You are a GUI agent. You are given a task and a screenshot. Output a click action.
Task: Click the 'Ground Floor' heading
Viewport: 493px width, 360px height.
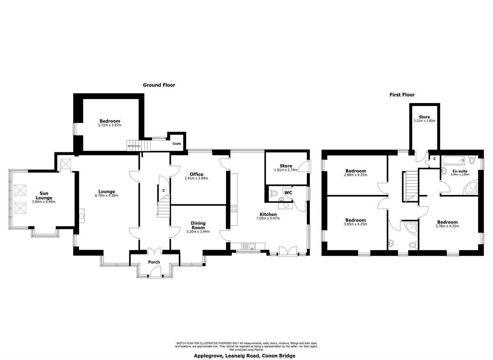tap(159, 85)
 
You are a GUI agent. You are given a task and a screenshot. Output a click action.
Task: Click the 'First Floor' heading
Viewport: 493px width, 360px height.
tap(402, 95)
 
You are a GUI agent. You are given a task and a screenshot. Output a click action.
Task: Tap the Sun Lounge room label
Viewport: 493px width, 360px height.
tap(44, 195)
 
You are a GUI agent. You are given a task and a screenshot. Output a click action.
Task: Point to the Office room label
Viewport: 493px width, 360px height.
tap(196, 174)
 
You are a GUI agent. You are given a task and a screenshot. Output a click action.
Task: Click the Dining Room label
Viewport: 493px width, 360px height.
tap(198, 225)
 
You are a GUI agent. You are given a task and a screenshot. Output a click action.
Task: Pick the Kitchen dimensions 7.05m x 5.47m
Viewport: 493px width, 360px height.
tap(268, 218)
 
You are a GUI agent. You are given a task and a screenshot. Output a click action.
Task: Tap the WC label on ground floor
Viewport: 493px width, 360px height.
tap(288, 192)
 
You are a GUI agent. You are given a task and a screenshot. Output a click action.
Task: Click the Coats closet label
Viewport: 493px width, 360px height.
tap(177, 144)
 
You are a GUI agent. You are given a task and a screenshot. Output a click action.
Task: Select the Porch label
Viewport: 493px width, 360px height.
tap(154, 262)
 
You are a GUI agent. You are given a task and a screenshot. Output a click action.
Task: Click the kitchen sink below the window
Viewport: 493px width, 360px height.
tap(248, 246)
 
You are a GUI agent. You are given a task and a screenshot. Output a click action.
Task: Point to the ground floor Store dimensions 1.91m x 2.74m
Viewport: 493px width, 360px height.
tap(286, 170)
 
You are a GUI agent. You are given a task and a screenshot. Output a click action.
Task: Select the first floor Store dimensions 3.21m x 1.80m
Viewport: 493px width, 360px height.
tap(424, 121)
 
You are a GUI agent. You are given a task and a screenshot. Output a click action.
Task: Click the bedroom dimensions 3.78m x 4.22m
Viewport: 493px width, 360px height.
tap(447, 226)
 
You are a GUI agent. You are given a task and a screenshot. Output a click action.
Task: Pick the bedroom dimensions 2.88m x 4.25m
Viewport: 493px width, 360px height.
tap(356, 175)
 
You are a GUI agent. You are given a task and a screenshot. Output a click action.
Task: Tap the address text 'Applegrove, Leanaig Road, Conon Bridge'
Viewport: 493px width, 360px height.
tap(244, 356)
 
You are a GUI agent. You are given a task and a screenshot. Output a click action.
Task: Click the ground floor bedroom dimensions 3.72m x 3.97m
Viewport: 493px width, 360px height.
tap(110, 125)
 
